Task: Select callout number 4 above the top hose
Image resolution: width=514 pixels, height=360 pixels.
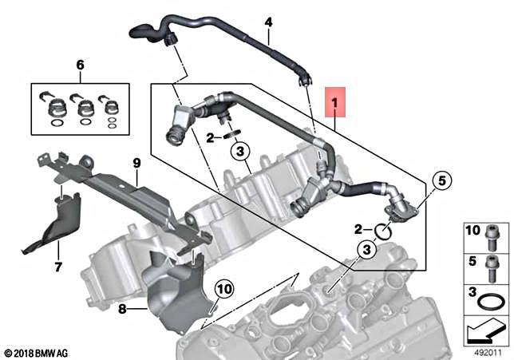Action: (268, 22)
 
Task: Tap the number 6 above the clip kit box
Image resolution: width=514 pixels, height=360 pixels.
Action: (79, 64)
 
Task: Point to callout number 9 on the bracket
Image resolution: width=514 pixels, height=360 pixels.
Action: (136, 163)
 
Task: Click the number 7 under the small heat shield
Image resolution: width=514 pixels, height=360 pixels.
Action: (57, 267)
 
